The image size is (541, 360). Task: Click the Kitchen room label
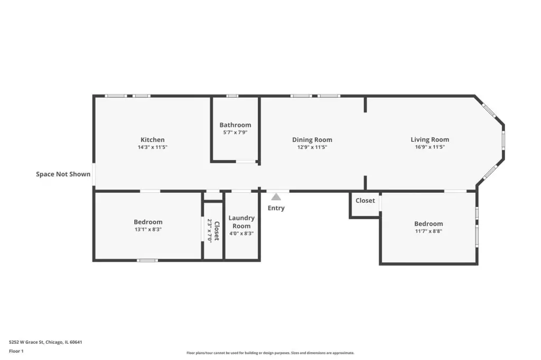click(153, 140)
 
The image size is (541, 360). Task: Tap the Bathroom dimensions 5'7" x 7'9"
click(235, 132)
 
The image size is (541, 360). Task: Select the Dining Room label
click(312, 140)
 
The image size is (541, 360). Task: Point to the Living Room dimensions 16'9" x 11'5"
click(430, 147)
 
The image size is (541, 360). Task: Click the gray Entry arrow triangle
click(276, 197)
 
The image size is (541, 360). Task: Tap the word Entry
click(276, 208)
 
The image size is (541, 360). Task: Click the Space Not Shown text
click(63, 174)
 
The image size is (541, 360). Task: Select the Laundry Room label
click(241, 222)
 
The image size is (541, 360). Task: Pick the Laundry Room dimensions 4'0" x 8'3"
click(241, 233)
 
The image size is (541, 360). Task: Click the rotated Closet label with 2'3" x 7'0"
click(213, 230)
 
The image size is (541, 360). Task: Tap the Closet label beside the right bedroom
click(365, 201)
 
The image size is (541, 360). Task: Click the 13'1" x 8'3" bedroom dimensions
click(148, 229)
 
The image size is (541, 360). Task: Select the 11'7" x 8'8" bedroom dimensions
click(428, 231)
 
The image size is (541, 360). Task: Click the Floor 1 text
click(16, 351)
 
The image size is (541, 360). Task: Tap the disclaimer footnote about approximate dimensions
click(270, 353)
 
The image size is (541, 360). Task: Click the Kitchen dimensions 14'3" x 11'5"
click(153, 147)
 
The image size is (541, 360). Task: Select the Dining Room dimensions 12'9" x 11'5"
click(312, 147)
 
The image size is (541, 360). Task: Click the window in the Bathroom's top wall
click(232, 96)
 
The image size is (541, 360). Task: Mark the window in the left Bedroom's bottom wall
click(148, 260)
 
